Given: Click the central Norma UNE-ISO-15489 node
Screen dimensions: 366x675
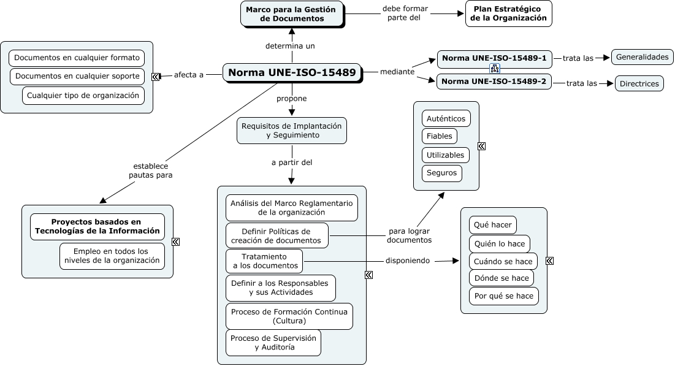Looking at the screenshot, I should tap(292, 73).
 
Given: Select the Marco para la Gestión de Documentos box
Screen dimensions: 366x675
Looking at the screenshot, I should tap(292, 14).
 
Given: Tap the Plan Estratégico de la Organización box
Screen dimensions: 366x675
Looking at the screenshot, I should tap(508, 13).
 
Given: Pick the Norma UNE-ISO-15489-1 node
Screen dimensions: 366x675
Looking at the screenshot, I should tap(494, 58).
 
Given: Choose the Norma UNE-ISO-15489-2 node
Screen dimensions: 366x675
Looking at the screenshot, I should tap(494, 82).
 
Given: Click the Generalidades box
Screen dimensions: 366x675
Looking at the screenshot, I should tap(642, 57).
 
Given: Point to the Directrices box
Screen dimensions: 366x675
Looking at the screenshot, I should tap(639, 83).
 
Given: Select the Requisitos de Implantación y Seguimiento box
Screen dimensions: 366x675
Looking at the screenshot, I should tap(292, 131).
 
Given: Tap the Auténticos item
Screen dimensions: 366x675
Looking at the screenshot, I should tap(446, 118).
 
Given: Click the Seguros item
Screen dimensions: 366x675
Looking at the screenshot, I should tap(441, 173).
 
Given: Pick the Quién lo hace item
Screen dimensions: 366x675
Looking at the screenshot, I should tap(499, 243).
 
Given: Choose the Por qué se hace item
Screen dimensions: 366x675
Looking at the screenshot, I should tap(503, 296).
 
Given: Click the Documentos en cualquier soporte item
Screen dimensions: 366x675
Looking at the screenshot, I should tap(77, 77).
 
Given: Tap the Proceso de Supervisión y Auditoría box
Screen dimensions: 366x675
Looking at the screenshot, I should tap(273, 343).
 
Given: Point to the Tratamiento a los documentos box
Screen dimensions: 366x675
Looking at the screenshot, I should tap(264, 261).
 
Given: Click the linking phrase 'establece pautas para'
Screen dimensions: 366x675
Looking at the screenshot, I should tap(150, 170).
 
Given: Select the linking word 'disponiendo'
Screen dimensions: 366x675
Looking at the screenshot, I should tap(407, 261).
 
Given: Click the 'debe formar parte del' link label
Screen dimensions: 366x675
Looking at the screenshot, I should tap(405, 13).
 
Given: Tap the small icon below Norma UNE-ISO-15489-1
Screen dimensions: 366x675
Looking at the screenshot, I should tap(494, 69).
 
